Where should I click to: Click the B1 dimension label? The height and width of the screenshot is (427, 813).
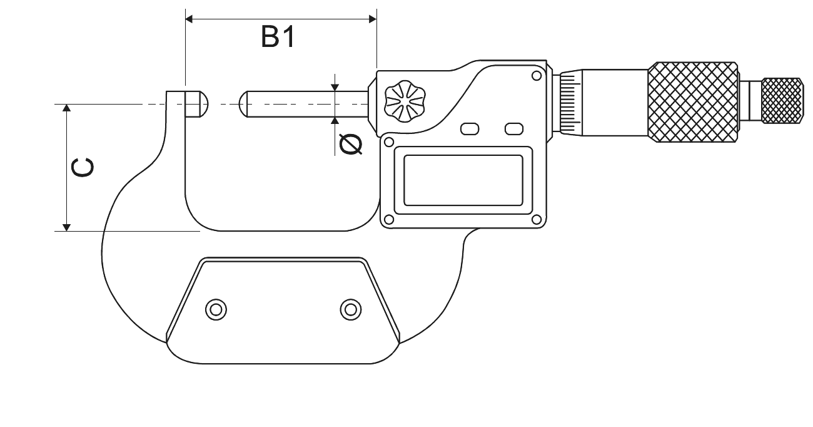click(278, 37)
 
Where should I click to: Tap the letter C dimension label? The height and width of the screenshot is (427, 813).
click(83, 168)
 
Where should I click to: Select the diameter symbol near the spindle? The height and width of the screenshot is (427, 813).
click(351, 144)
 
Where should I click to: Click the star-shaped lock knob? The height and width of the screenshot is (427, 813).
click(405, 101)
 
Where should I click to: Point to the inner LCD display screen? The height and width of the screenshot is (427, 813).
click(463, 180)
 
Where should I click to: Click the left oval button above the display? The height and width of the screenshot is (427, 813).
click(470, 129)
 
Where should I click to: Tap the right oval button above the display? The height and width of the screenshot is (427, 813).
click(514, 128)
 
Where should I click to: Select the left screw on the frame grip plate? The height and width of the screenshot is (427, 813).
click(216, 310)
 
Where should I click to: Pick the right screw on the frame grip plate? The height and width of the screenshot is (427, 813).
click(351, 310)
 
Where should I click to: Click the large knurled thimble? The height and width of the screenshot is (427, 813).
click(692, 102)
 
